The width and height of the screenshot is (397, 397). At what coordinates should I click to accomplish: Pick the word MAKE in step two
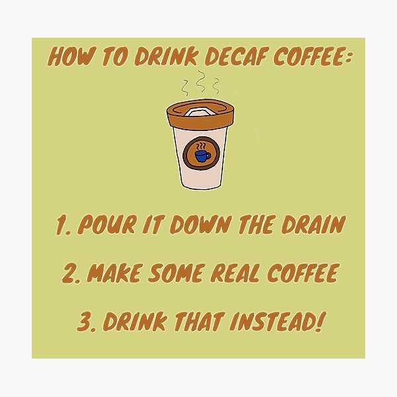[116, 273]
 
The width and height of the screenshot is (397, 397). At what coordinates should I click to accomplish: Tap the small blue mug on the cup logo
[201, 156]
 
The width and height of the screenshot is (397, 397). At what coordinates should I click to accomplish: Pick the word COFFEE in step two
[299, 273]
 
